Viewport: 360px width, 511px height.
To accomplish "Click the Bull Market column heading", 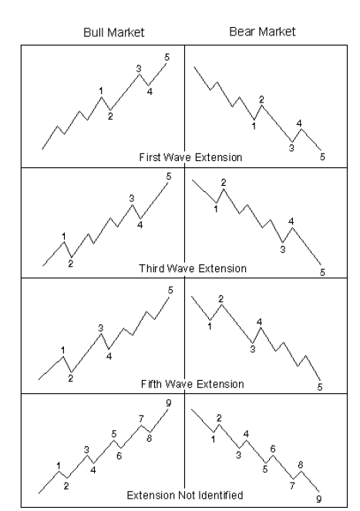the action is point(114,32).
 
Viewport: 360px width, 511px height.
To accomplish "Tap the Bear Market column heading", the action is point(262,32).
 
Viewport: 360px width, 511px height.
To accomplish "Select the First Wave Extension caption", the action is point(190,157).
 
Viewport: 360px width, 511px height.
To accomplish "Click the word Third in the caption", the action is point(152,268).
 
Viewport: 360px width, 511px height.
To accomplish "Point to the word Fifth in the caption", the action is point(151,384).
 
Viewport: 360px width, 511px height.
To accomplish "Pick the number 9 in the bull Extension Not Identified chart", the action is point(168,403).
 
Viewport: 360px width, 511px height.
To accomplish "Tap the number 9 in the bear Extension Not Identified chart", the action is point(318,499).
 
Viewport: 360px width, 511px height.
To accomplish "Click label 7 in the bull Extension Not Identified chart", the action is point(141,419).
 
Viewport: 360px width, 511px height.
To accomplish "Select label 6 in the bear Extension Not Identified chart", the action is point(273,449).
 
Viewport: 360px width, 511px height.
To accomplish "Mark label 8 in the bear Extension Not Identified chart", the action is point(301,465).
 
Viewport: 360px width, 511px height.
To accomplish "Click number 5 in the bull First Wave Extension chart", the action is point(167,57).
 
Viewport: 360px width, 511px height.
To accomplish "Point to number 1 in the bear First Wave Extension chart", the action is point(254,126).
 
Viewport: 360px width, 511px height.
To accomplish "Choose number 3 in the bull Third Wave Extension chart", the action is point(131,198).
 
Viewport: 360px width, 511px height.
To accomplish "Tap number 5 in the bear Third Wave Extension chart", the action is point(322,272).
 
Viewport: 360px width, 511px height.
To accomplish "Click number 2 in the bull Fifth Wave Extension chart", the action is point(70,378).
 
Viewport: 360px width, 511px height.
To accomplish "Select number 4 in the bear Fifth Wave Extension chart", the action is point(259,322).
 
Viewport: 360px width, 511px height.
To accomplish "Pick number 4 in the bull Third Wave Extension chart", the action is point(140,225).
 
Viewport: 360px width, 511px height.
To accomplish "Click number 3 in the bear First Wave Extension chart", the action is point(291,148).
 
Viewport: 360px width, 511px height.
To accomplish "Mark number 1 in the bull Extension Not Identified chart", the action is point(59,466).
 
